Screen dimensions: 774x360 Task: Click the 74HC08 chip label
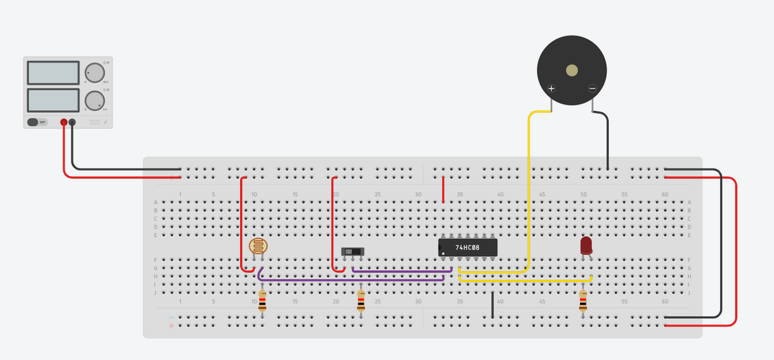pyautogui.click(x=467, y=247)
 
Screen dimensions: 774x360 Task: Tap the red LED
pyautogui.click(x=586, y=245)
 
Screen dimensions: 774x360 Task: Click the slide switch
pyautogui.click(x=353, y=252)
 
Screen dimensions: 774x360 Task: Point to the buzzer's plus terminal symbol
pyautogui.click(x=552, y=88)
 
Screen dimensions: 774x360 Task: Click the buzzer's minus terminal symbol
pyautogui.click(x=592, y=88)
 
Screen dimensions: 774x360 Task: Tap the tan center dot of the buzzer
pyautogui.click(x=572, y=70)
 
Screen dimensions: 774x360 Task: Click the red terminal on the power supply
pyautogui.click(x=64, y=122)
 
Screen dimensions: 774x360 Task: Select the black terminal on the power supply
pyautogui.click(x=72, y=122)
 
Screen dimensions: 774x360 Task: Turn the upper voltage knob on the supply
pyautogui.click(x=95, y=72)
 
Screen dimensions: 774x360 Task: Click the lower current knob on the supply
pyautogui.click(x=95, y=100)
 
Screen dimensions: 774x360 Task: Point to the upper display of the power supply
pyautogui.click(x=53, y=73)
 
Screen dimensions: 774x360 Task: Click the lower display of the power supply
pyautogui.click(x=53, y=100)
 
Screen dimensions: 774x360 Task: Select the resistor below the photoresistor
pyautogui.click(x=262, y=302)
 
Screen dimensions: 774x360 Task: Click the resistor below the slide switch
pyautogui.click(x=361, y=302)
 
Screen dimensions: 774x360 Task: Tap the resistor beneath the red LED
pyautogui.click(x=583, y=302)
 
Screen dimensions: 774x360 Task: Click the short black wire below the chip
pyautogui.click(x=493, y=304)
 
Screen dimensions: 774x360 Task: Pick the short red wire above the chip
pyautogui.click(x=443, y=190)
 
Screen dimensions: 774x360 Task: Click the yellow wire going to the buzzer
pyautogui.click(x=530, y=188)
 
